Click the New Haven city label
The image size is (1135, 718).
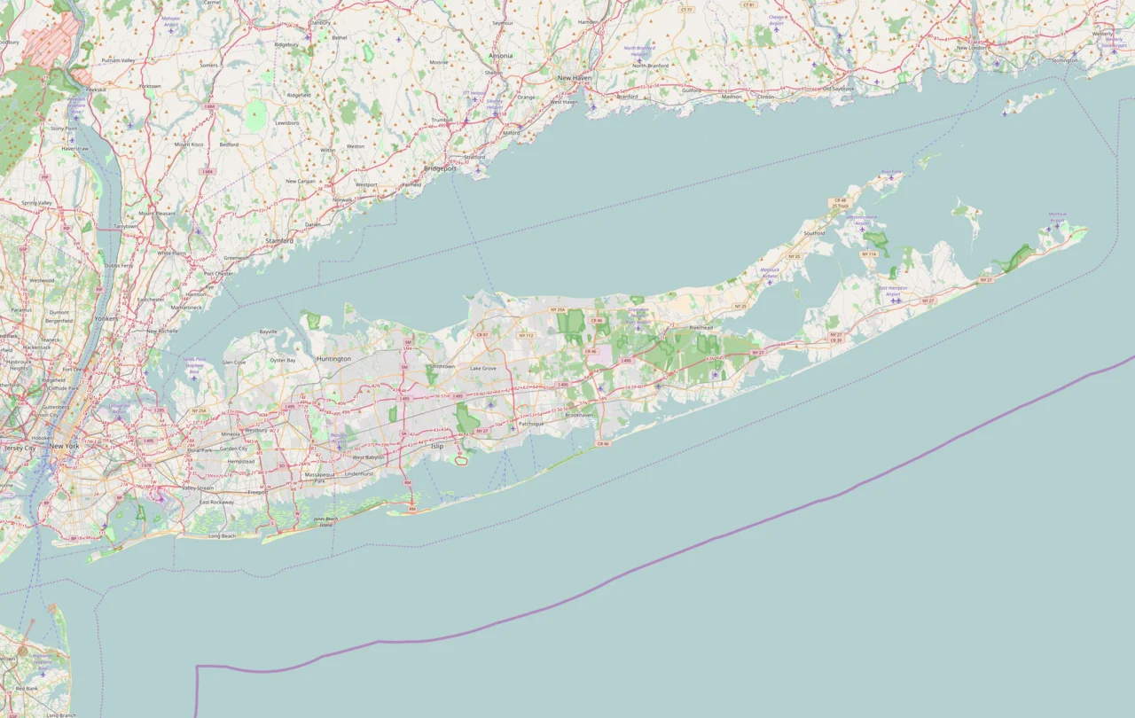click(x=574, y=78)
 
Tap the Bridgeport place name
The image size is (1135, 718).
click(x=440, y=168)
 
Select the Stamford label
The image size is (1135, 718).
click(x=279, y=240)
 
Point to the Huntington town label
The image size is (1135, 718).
click(x=333, y=359)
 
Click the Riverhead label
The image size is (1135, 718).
click(x=701, y=327)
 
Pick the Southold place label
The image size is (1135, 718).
click(x=814, y=234)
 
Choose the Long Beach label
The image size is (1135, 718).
click(x=222, y=536)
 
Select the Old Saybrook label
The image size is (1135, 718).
click(x=838, y=89)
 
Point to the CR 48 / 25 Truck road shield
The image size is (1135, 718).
click(x=841, y=203)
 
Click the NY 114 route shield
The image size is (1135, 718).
click(x=870, y=254)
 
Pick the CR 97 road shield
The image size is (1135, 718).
click(x=482, y=335)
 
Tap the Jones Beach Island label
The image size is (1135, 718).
click(x=325, y=521)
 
